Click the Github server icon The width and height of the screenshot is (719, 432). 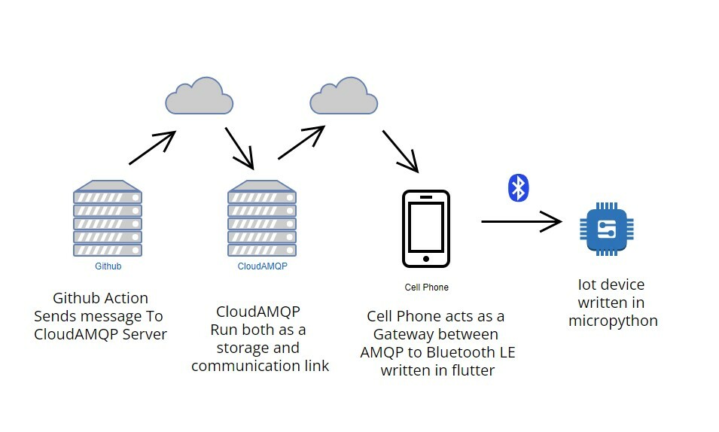108,219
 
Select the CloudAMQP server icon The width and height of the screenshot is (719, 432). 262,219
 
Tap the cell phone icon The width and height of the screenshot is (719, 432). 426,229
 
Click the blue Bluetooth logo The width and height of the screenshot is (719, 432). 518,187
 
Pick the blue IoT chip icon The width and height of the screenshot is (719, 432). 607,229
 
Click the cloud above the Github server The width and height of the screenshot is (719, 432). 199,95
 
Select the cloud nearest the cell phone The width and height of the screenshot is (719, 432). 344,95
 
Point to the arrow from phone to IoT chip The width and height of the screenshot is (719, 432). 521,221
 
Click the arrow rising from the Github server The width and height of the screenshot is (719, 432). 153,148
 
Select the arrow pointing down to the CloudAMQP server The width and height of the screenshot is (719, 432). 239,148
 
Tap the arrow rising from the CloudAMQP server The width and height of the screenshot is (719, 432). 301,142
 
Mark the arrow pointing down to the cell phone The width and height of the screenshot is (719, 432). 400,151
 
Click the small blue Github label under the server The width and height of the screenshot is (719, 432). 108,266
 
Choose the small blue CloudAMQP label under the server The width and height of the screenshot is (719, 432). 262,266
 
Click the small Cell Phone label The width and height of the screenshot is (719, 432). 426,287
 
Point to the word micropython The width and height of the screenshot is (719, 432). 613,321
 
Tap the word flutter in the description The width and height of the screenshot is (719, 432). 474,370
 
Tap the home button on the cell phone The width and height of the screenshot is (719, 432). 426,259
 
